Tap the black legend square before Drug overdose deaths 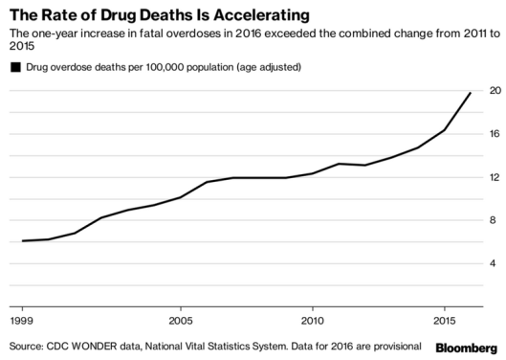tap(14, 67)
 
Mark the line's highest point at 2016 tap(471, 93)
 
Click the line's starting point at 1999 tap(22, 240)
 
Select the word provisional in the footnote tap(395, 345)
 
